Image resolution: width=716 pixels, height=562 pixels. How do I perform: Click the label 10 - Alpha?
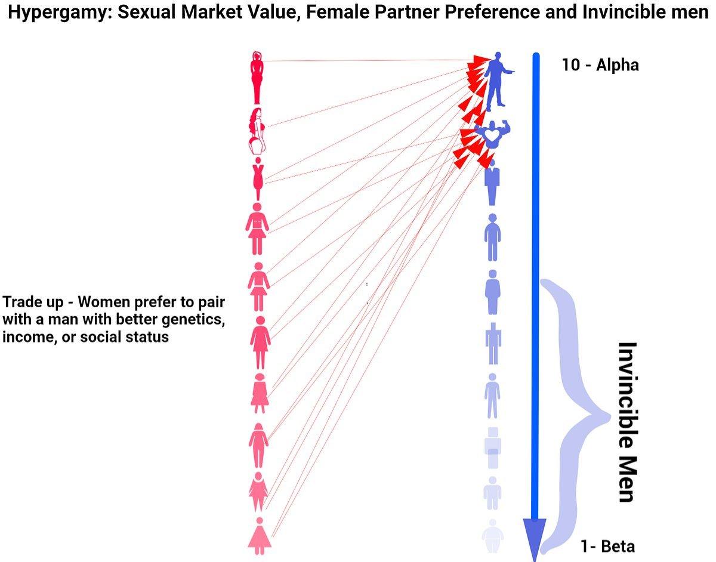(x=600, y=65)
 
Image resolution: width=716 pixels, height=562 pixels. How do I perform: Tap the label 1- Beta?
(x=607, y=546)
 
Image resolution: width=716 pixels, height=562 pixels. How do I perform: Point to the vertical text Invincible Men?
(x=626, y=422)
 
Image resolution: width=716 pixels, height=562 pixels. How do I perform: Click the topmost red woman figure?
(x=257, y=78)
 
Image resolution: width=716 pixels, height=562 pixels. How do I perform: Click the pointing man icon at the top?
(x=495, y=81)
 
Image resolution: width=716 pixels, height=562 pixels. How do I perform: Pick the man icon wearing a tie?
(x=492, y=182)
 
